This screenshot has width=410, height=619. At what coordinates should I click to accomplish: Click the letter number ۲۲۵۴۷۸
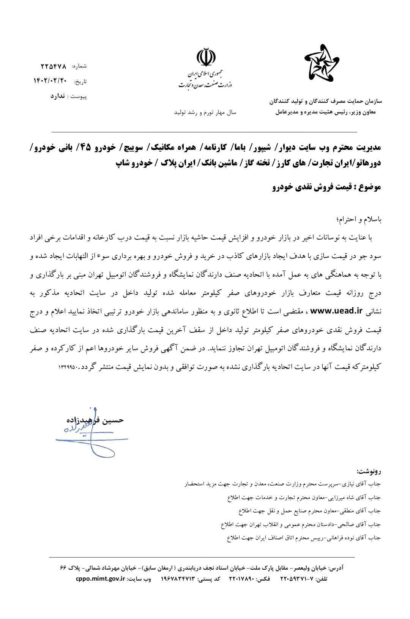pos(54,66)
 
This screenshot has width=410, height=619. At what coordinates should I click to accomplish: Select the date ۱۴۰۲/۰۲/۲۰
pos(50,81)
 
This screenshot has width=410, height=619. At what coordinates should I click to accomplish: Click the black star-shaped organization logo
pos(322,63)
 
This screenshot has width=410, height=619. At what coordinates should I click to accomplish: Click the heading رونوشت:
pos(368,472)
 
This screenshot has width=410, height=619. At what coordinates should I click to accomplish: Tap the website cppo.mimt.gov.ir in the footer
pos(101,579)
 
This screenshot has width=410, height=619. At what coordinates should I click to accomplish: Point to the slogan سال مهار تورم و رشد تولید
pos(205,113)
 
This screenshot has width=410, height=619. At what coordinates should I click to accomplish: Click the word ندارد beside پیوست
pos(58,96)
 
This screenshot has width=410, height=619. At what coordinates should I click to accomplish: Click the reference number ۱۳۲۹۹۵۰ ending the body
pos(69,367)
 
